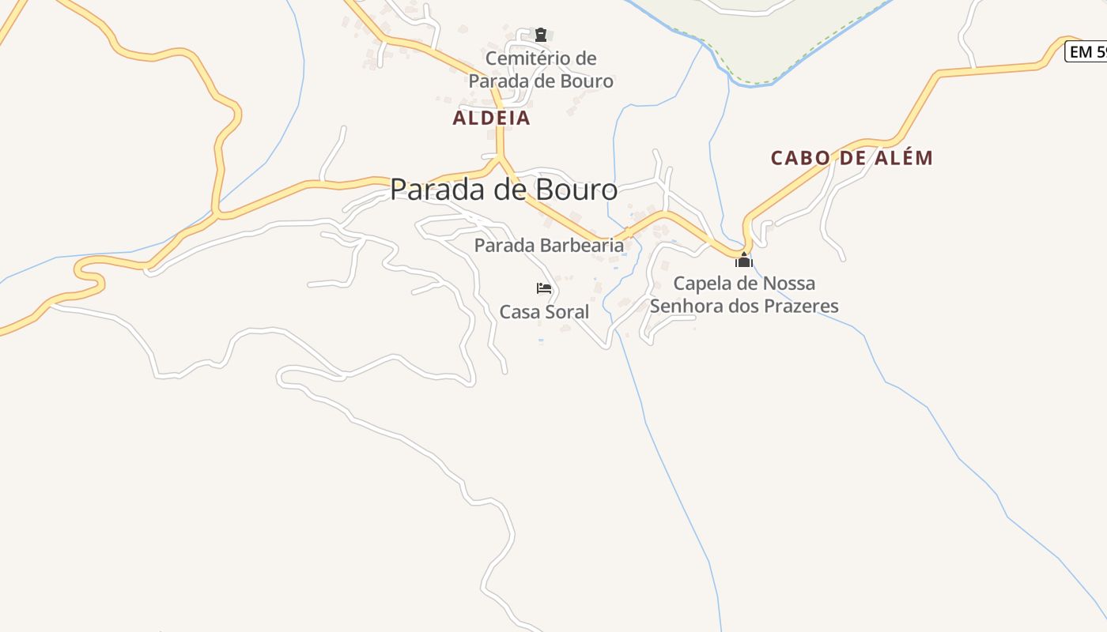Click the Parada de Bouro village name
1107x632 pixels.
point(504,190)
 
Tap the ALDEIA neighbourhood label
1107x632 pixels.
point(491,118)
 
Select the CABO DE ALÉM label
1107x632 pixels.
point(852,158)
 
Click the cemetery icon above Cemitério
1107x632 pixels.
point(541,35)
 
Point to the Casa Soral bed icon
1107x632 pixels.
point(544,288)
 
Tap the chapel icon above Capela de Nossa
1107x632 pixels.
point(744,260)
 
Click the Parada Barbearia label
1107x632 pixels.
point(549,246)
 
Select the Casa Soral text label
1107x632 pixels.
point(544,312)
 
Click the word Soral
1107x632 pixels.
point(565,312)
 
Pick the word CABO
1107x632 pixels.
point(800,158)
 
